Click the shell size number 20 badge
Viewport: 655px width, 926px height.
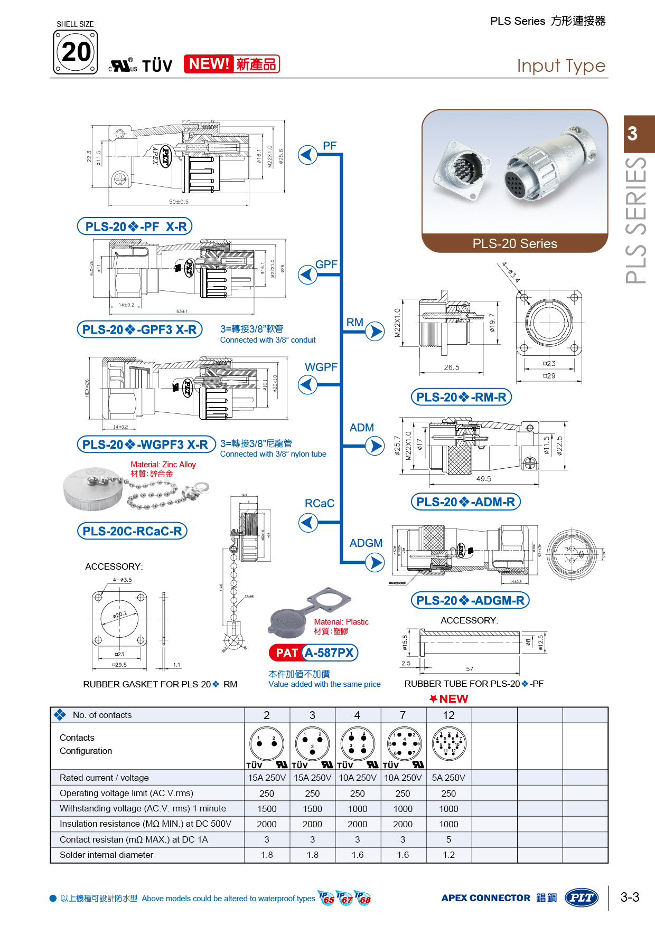click(x=76, y=52)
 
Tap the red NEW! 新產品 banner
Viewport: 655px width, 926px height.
click(x=231, y=64)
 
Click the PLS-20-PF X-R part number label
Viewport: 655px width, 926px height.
click(x=135, y=226)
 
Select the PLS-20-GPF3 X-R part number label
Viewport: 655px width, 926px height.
click(x=140, y=329)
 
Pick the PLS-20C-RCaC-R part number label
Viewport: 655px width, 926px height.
click(x=133, y=531)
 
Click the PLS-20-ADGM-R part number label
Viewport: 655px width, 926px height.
click(x=470, y=600)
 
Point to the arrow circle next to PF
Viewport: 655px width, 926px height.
click(x=307, y=155)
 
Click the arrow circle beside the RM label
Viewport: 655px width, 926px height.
click(x=375, y=332)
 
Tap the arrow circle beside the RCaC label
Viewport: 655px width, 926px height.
click(x=308, y=523)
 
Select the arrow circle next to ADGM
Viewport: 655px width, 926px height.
click(x=375, y=563)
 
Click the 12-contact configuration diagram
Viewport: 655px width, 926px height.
click(x=448, y=743)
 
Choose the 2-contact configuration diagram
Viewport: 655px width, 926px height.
click(x=267, y=743)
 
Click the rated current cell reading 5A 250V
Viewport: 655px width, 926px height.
click(x=448, y=778)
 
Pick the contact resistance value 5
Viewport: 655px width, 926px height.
click(x=448, y=839)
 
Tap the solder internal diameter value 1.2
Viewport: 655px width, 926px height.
click(x=448, y=855)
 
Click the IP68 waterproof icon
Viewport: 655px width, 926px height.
click(x=363, y=898)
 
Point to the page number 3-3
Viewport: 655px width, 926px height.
click(x=630, y=897)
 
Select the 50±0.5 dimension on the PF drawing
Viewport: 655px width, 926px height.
click(x=179, y=202)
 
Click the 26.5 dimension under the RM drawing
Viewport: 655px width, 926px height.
click(x=452, y=367)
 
